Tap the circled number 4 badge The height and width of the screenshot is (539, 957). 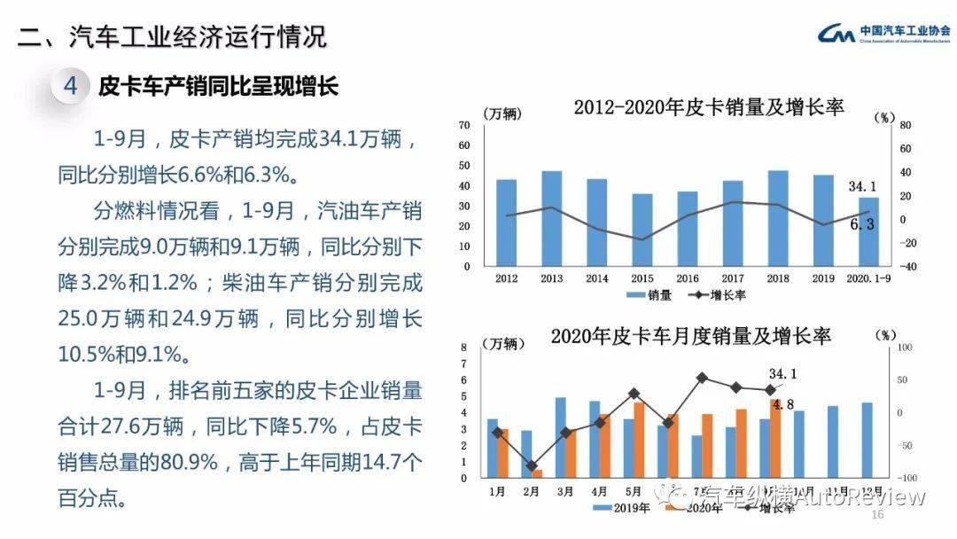click(x=72, y=86)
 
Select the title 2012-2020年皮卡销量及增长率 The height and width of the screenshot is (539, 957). click(x=708, y=107)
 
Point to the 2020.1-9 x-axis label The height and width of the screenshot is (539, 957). click(x=869, y=278)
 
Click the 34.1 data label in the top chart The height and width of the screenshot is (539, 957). click(x=862, y=186)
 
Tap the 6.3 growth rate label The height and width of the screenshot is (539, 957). click(x=862, y=224)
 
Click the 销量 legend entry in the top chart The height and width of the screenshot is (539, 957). click(x=649, y=294)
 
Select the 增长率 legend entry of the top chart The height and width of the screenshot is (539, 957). click(x=719, y=294)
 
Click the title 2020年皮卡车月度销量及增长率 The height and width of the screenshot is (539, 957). click(x=690, y=336)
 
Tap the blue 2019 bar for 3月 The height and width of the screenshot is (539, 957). click(x=560, y=437)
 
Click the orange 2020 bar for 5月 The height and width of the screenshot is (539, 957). click(x=638, y=440)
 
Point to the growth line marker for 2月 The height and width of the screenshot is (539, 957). click(x=532, y=465)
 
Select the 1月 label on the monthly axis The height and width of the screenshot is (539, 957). click(x=498, y=489)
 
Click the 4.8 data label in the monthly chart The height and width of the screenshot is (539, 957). click(x=782, y=404)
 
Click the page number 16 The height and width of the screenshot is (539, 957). click(x=878, y=515)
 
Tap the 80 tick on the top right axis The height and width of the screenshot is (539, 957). click(x=906, y=125)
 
